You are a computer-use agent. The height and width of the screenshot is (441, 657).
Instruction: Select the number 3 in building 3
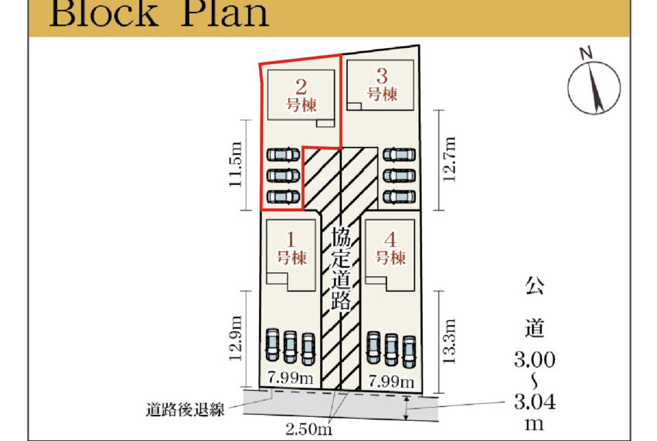tap(382, 76)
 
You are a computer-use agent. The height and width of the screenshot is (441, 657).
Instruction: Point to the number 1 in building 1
tap(291, 238)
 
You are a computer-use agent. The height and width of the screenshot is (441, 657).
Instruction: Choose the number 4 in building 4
tap(390, 238)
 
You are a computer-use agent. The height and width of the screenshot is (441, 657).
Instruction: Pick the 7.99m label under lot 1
tap(290, 378)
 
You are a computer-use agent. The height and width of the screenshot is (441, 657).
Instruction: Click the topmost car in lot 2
tap(283, 155)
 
